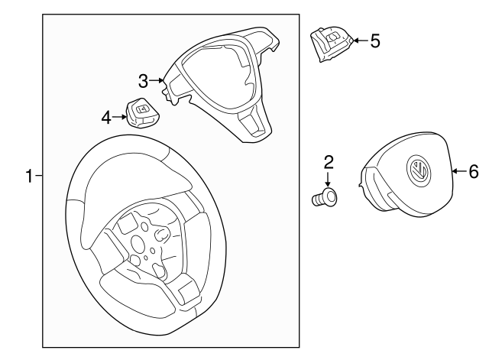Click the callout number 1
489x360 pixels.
(x=30, y=177)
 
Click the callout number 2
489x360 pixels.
(x=329, y=161)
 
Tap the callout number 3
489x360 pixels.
(x=143, y=80)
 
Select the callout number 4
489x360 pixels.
(x=106, y=117)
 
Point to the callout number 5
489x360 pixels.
(x=374, y=41)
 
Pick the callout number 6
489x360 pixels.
(x=473, y=172)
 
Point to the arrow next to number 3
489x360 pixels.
(x=157, y=80)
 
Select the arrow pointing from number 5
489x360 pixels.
(x=358, y=41)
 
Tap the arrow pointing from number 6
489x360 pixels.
(x=458, y=172)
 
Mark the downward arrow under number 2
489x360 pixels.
(x=328, y=180)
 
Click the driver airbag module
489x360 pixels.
(x=405, y=183)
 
